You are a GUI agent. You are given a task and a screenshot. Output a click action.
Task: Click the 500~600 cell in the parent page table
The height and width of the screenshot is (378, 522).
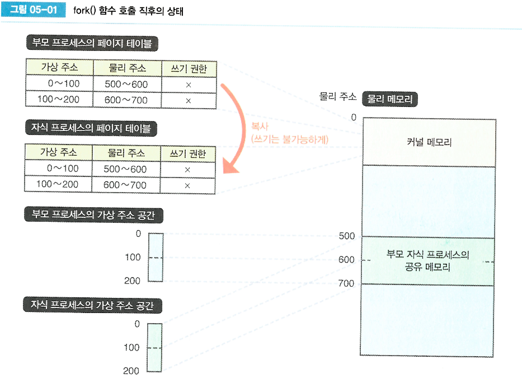point(126,84)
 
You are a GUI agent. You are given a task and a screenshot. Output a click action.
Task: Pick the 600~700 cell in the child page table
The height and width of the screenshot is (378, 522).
point(125,185)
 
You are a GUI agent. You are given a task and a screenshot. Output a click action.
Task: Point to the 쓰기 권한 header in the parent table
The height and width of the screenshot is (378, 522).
point(188,68)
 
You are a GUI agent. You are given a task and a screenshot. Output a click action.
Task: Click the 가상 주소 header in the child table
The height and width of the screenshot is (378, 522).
point(59,153)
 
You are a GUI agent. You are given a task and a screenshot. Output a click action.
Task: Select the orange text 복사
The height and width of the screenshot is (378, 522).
point(260,126)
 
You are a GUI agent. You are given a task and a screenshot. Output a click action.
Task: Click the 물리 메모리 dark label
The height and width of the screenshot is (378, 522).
point(390,99)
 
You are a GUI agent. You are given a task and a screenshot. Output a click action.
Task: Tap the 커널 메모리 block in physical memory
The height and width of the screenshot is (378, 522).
point(429,142)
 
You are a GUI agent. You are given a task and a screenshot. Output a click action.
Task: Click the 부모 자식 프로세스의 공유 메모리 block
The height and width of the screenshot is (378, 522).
point(429,261)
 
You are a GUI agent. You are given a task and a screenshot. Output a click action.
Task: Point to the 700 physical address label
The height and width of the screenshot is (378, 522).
point(346,284)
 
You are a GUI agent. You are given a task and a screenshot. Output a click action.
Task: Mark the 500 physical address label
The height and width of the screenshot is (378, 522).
point(346,236)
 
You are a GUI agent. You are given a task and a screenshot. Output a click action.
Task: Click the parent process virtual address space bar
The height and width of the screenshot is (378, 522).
point(156,257)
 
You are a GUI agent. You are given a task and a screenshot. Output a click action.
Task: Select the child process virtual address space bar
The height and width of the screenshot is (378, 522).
point(154,347)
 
